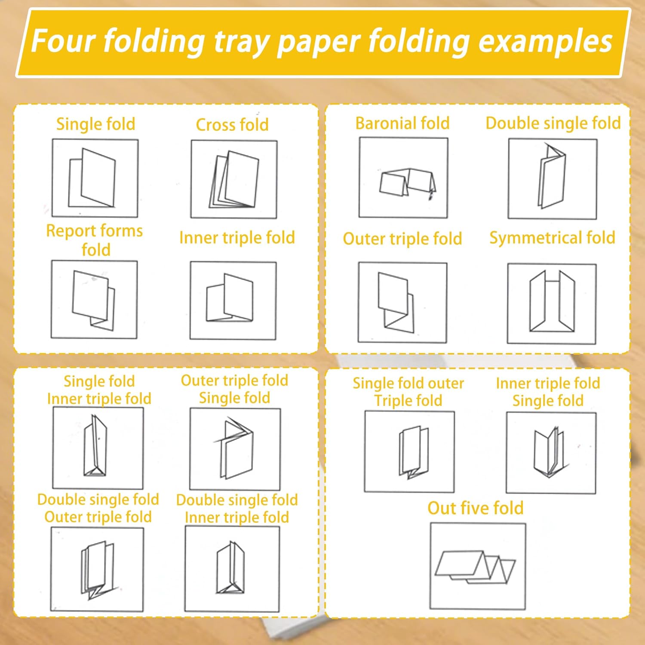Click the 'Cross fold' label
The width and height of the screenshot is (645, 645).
[x=232, y=125]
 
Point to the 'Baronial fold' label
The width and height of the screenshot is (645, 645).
[x=402, y=123]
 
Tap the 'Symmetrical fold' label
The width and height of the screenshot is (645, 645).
[x=553, y=238]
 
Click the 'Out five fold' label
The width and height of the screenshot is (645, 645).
[x=476, y=508]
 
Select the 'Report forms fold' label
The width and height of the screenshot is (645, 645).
[x=95, y=240]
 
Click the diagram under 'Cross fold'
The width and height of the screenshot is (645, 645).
[x=234, y=179]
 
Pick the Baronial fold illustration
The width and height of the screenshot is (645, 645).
[x=403, y=178]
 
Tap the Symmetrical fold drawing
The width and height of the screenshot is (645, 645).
[x=552, y=304]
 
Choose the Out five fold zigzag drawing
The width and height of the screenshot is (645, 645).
[x=478, y=566]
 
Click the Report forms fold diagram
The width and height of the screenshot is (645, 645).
[x=94, y=299]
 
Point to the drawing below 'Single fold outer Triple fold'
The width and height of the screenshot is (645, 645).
[x=409, y=451]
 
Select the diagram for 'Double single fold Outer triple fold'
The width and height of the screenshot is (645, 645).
[x=97, y=569]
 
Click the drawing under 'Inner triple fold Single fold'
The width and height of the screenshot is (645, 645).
[x=551, y=453]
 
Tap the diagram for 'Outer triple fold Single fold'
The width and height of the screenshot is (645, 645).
[x=235, y=449]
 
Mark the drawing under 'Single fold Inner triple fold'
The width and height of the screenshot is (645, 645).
[x=98, y=448]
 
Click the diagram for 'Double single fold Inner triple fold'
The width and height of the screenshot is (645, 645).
[x=232, y=569]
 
